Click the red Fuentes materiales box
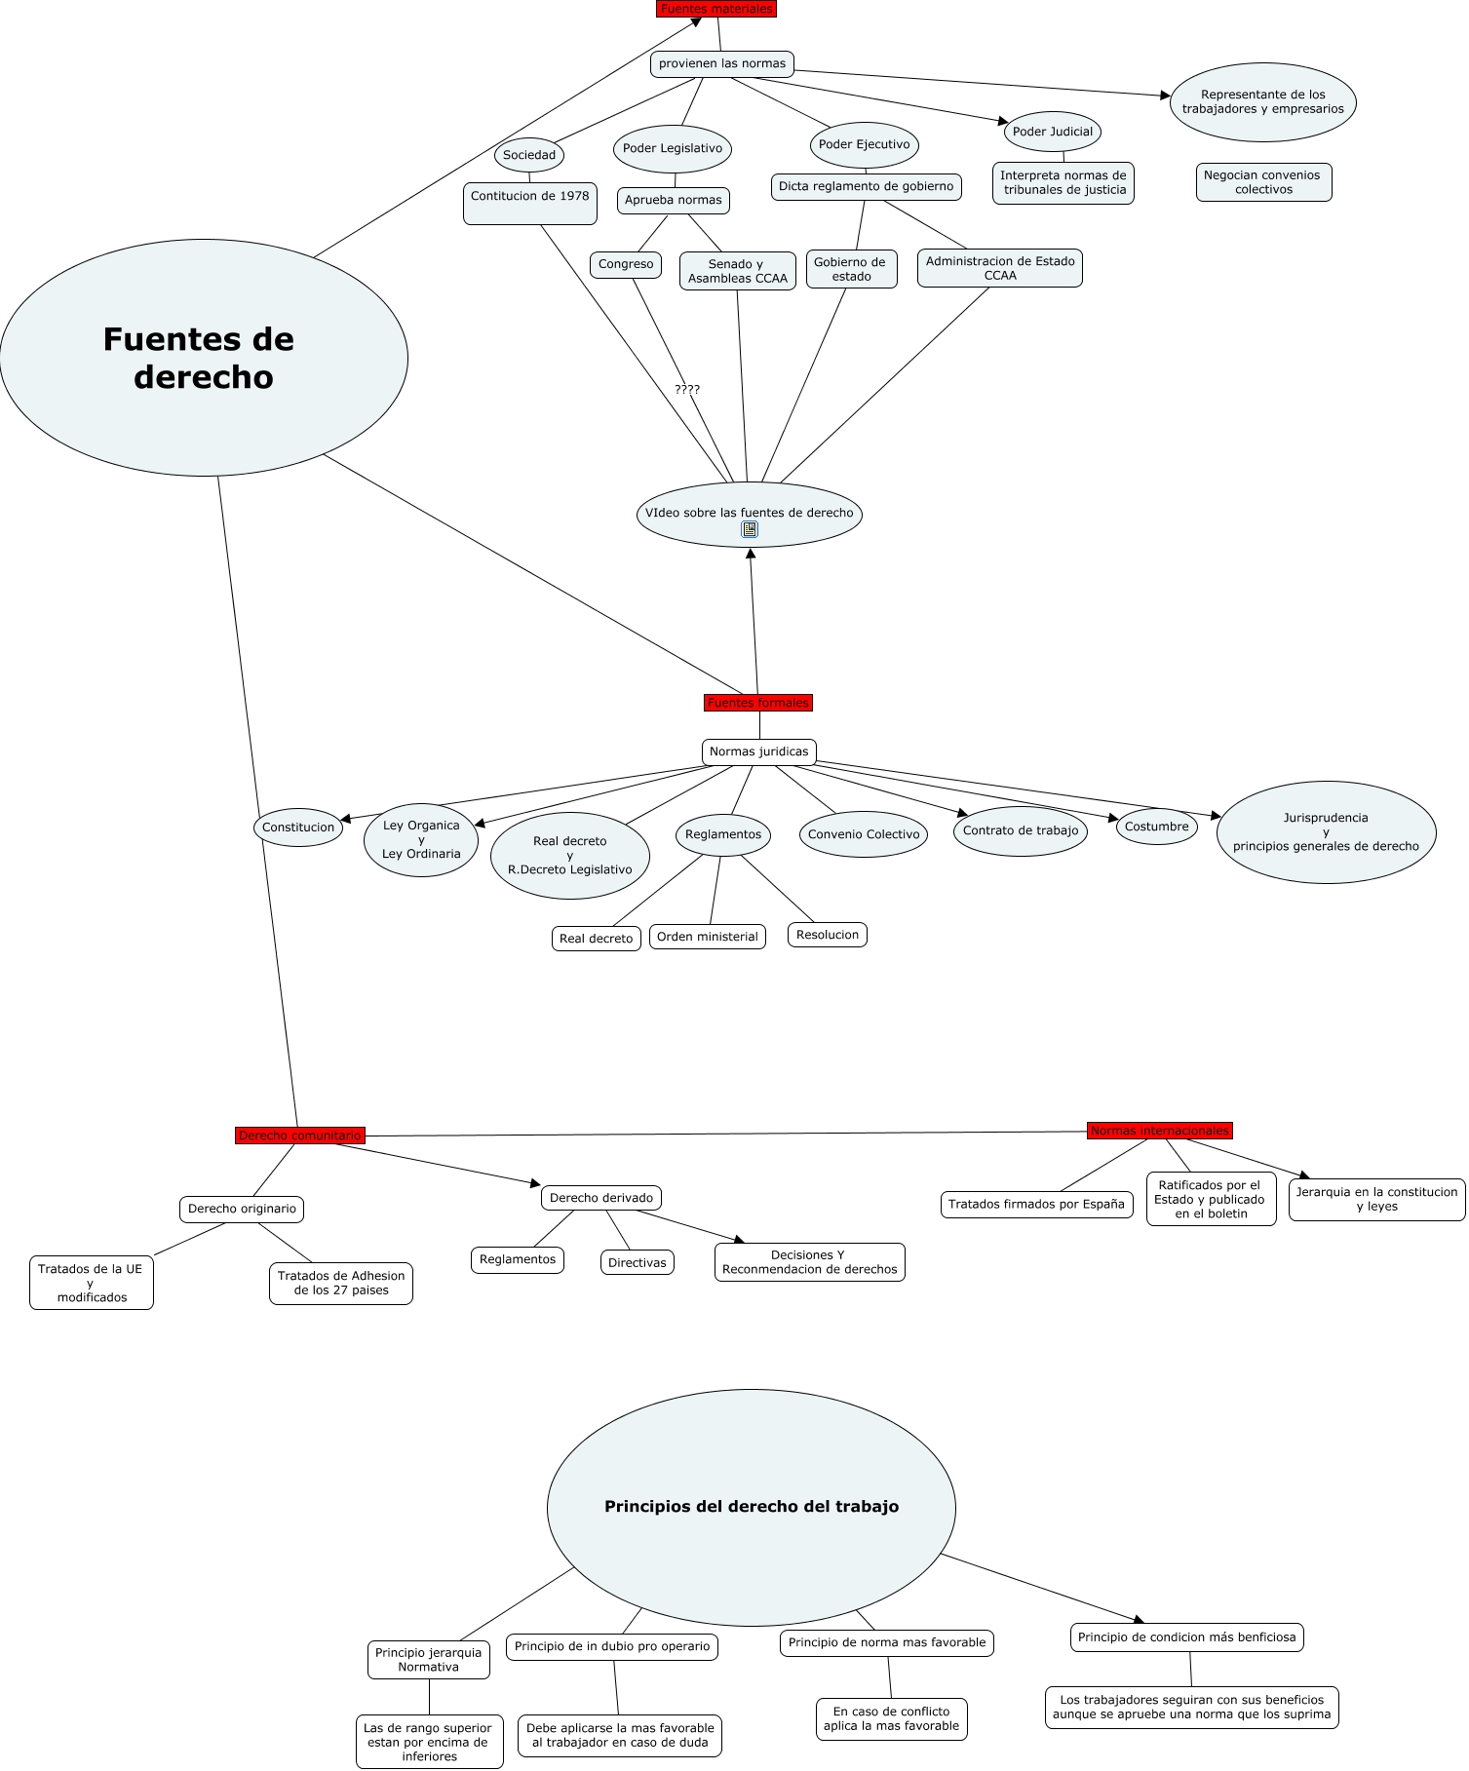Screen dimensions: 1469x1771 (x=716, y=9)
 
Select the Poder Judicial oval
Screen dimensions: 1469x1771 (x=1053, y=132)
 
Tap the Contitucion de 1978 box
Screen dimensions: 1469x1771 (x=530, y=204)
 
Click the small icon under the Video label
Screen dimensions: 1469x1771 (x=750, y=529)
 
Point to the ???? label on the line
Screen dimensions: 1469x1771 (x=687, y=390)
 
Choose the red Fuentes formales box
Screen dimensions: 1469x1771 (x=758, y=703)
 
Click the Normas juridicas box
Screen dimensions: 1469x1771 (x=759, y=752)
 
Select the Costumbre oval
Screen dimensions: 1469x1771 (x=1157, y=827)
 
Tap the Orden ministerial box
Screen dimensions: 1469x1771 (x=708, y=937)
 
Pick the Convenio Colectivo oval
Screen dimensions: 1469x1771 (x=864, y=834)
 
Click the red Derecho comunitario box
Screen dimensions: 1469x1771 (x=300, y=1136)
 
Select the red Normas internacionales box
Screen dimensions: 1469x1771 (x=1160, y=1131)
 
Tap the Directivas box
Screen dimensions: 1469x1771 (x=638, y=1262)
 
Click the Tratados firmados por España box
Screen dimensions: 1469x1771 (x=1037, y=1205)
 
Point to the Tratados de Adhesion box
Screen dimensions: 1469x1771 (x=341, y=1283)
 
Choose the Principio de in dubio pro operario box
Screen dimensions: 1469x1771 (x=612, y=1646)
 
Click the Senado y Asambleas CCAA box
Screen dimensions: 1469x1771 (x=738, y=271)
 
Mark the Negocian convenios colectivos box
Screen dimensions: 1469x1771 (x=1264, y=182)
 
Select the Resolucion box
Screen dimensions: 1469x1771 (x=828, y=935)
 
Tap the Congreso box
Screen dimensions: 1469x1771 (x=626, y=264)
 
